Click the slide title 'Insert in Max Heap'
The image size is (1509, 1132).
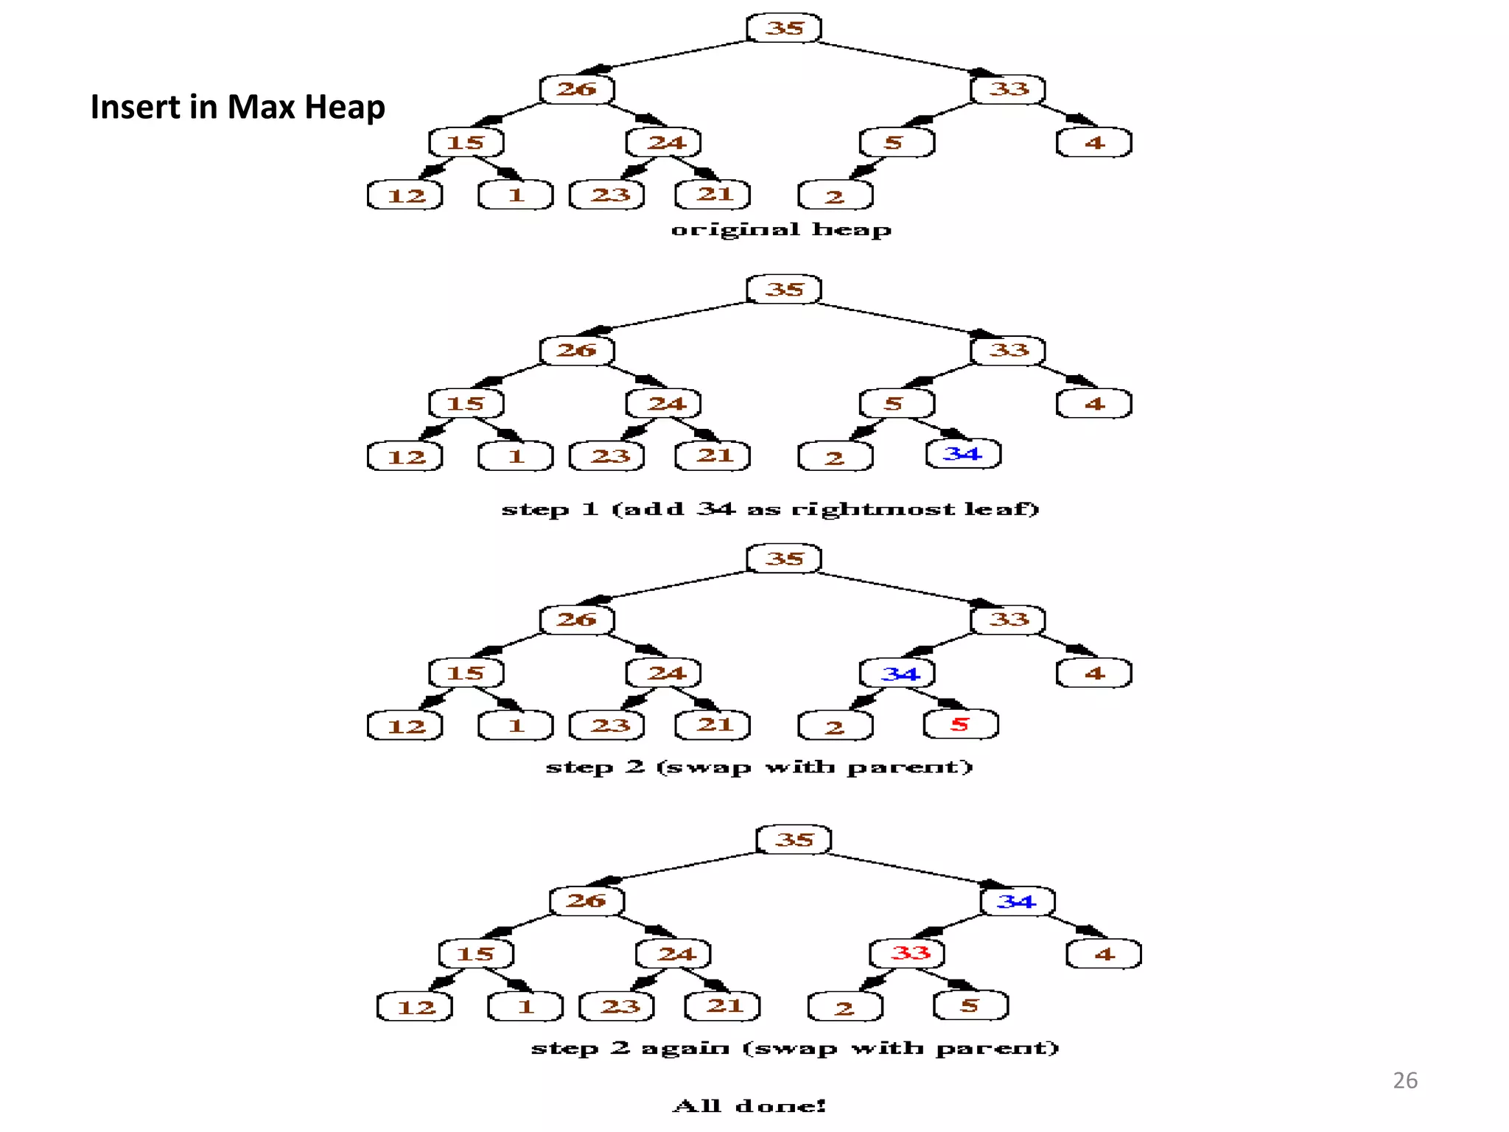(x=237, y=107)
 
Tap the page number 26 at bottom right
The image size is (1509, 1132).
(x=1404, y=1080)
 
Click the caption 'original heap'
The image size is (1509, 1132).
(x=780, y=230)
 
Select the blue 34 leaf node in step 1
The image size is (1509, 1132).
(x=963, y=454)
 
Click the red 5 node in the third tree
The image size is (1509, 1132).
(x=960, y=724)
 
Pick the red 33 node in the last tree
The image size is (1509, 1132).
(x=908, y=953)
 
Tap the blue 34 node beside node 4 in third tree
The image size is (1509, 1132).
(x=897, y=673)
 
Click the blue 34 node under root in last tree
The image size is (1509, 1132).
(x=1017, y=901)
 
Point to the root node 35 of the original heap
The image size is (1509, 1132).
(x=784, y=28)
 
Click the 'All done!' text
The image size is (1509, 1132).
(x=749, y=1105)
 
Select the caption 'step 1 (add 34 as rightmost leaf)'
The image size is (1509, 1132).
(x=770, y=509)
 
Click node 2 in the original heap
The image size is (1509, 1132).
(x=835, y=196)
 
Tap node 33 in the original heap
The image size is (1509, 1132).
(x=1008, y=89)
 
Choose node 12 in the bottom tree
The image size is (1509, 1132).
(x=415, y=1007)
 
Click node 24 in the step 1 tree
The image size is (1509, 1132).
(x=664, y=404)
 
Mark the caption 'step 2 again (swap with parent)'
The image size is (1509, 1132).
(x=794, y=1048)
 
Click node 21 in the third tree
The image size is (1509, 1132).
(x=713, y=725)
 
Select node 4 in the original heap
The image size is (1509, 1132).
(x=1093, y=143)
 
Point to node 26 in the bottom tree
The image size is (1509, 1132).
(x=587, y=901)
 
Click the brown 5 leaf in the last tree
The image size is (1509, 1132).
(x=970, y=1006)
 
